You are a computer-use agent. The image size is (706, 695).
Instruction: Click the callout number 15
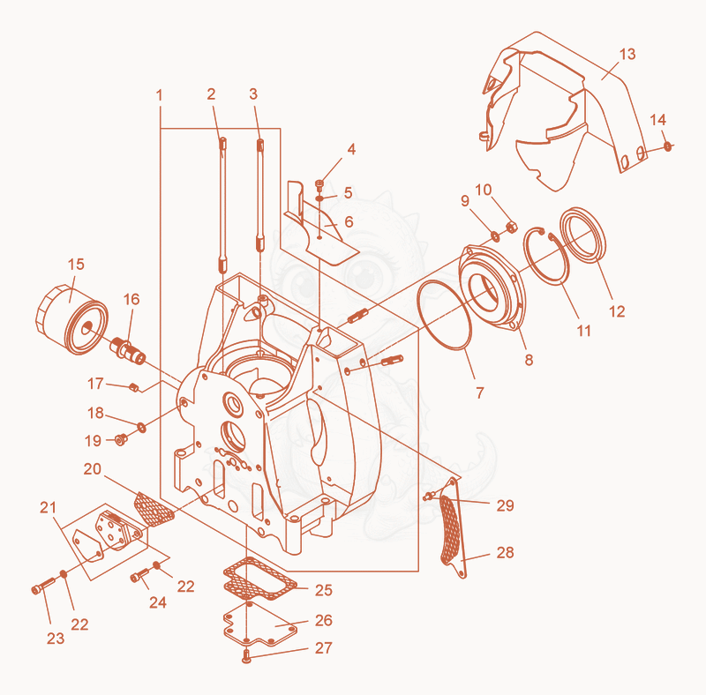(76, 265)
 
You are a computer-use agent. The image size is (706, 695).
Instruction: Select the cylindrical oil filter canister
(71, 319)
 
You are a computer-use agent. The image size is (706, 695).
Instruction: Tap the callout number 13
(627, 54)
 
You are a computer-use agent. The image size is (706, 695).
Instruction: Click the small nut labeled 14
(668, 146)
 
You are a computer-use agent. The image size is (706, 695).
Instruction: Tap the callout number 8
(529, 359)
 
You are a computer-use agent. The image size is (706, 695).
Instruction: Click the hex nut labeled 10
(511, 227)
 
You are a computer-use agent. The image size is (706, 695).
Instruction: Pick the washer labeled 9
(494, 235)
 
